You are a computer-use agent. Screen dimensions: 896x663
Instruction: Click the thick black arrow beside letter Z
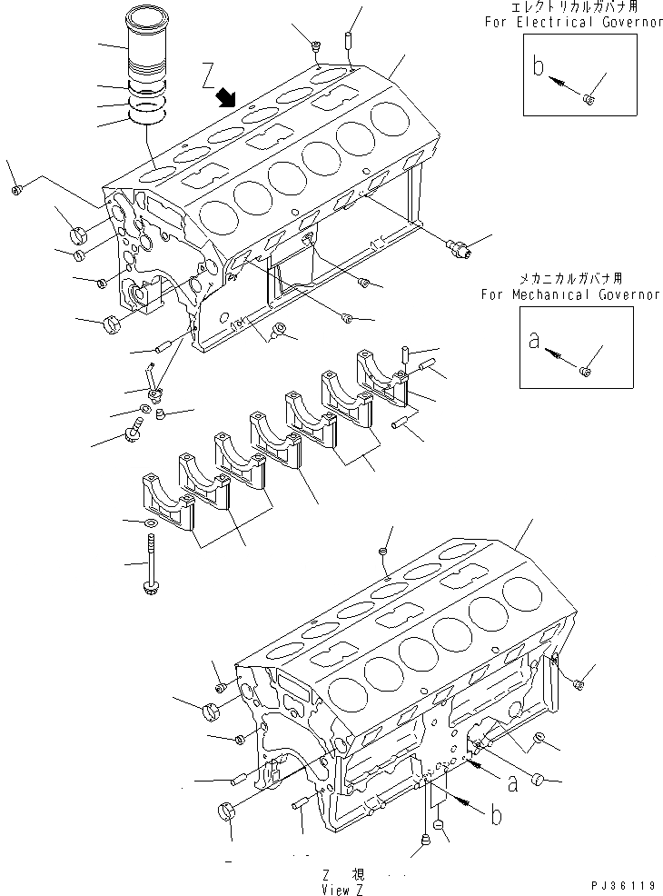point(227,96)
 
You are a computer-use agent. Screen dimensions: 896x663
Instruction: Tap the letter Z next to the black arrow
point(209,72)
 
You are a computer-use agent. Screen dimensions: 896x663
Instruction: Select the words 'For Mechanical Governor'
point(571,294)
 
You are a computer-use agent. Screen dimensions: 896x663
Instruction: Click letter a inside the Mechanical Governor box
point(535,342)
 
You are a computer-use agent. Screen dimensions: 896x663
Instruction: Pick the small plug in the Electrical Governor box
point(588,98)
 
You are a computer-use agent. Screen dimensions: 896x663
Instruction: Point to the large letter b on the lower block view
point(496,815)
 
